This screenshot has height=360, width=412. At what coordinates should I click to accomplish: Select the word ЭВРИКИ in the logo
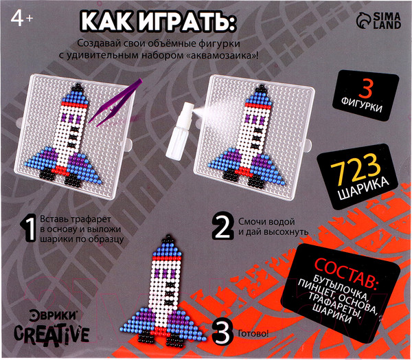tap(48, 317)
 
